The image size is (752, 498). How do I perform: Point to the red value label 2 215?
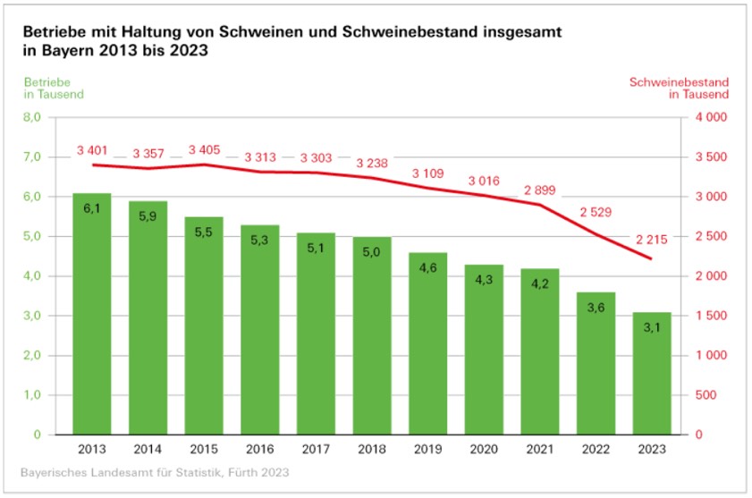(652, 239)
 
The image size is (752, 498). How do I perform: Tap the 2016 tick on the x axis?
(260, 449)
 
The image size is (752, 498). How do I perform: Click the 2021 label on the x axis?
(540, 449)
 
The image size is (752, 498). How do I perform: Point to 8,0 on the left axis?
(32, 117)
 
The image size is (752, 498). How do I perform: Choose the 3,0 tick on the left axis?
(32, 316)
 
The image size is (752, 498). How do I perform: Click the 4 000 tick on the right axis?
(709, 117)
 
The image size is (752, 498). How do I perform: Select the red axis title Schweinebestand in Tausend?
(680, 88)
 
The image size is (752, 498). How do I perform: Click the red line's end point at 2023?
(652, 259)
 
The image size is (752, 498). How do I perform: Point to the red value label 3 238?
(372, 164)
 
